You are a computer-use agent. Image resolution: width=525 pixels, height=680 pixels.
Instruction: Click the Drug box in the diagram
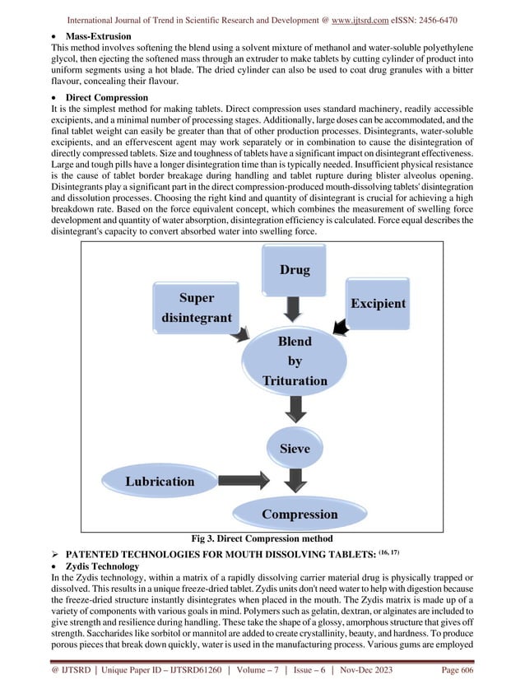295,269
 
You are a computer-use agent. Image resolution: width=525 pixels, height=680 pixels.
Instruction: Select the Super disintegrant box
196,307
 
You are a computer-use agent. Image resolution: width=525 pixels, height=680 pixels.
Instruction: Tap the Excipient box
378,303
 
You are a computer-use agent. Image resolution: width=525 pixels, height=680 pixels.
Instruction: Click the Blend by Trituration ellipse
295,361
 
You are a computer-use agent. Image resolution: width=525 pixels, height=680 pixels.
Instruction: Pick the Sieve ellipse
295,449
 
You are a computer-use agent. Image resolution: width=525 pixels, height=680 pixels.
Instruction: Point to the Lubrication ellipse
159,481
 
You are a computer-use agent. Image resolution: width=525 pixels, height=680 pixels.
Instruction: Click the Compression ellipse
300,515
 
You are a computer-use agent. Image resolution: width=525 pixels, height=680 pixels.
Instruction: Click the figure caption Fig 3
262,538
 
